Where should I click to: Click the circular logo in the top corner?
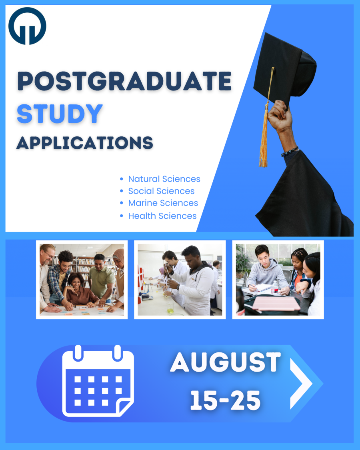[x=27, y=26]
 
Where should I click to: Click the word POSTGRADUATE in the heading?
[x=124, y=81]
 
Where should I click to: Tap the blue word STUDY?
[x=60, y=114]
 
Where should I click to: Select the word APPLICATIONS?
[x=85, y=143]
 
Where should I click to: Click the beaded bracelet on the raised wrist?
[x=289, y=151]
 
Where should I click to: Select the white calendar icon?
[x=98, y=381]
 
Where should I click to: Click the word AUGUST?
[x=226, y=362]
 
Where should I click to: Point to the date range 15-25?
[x=225, y=400]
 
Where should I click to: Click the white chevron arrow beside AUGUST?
[x=300, y=384]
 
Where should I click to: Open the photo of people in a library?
[x=82, y=280]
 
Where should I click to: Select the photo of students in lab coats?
[x=180, y=280]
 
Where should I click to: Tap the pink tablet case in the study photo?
[x=276, y=303]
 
